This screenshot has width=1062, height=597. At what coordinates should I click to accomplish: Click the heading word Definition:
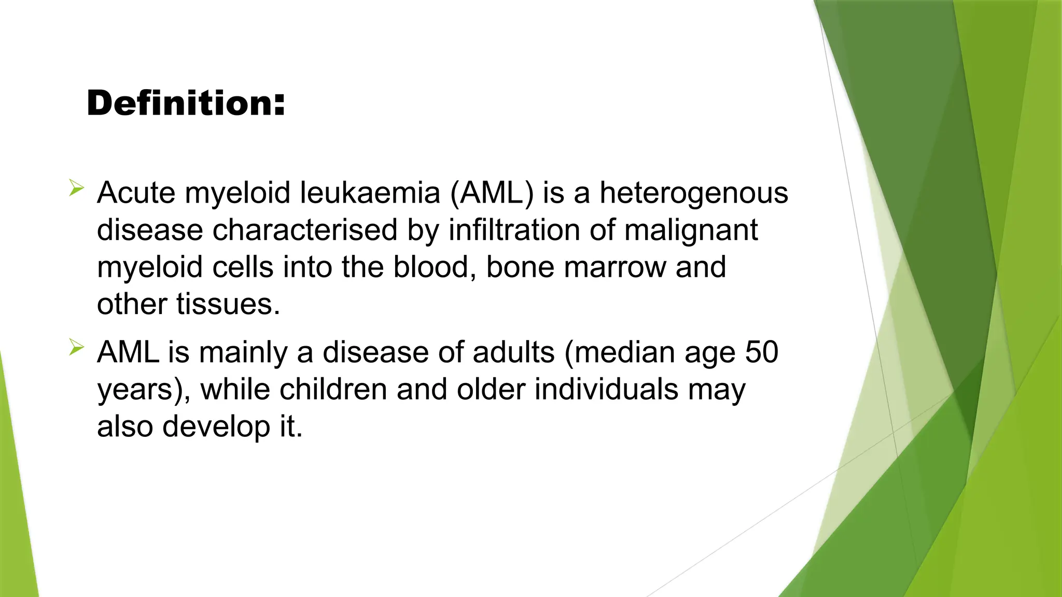[186, 103]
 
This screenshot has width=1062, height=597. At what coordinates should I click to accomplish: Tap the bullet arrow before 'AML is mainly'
[76, 347]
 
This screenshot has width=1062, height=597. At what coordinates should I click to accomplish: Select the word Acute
[136, 193]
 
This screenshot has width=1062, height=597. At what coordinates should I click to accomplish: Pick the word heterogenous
[694, 193]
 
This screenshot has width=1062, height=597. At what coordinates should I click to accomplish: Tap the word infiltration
[514, 230]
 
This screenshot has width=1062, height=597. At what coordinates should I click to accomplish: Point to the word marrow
[614, 267]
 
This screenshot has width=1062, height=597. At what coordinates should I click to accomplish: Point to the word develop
[216, 427]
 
